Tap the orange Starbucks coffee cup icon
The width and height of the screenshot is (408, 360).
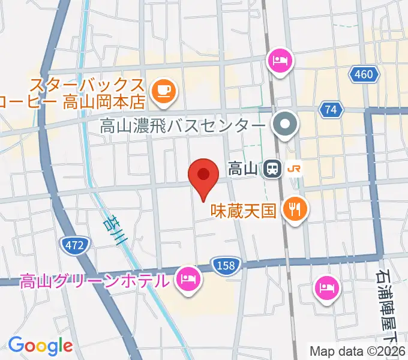[163, 91]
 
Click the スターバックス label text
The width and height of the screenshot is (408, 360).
[88, 84]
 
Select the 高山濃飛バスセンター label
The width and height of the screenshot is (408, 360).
[182, 127]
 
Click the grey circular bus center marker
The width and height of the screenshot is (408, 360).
[284, 125]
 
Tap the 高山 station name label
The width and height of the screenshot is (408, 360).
[242, 170]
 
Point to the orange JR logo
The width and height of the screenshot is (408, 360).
[295, 170]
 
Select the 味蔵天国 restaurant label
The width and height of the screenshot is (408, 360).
[242, 211]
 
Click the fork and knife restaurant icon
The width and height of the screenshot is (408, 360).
[295, 209]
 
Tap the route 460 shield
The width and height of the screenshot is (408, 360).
[364, 74]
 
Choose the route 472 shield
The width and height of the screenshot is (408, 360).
[74, 244]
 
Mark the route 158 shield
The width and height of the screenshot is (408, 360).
[226, 264]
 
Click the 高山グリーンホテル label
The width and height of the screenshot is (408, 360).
[94, 280]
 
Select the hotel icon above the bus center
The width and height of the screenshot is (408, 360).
[281, 61]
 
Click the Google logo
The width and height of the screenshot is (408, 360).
[40, 346]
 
